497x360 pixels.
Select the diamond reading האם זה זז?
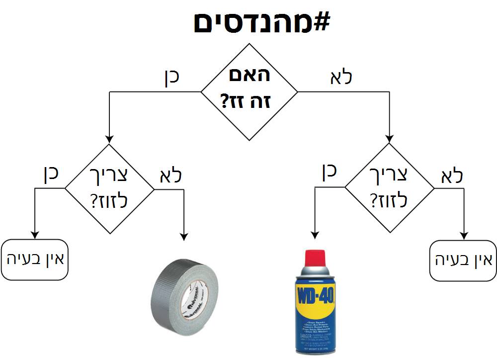249,92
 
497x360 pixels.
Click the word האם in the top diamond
249,75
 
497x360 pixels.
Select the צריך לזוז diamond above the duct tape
110,188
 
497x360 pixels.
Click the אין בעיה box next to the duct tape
34,260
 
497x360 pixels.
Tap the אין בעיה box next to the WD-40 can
462,260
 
